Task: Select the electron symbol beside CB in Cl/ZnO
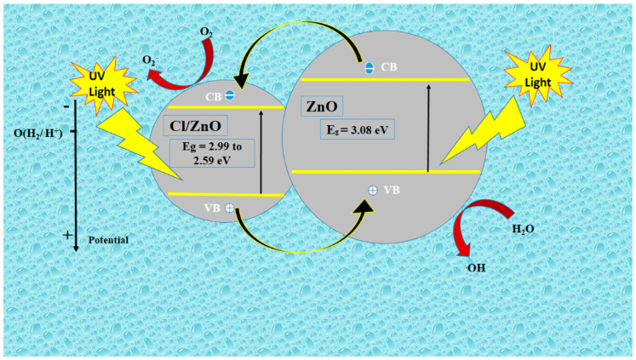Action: tap(230, 95)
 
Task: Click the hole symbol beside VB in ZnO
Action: tap(372, 191)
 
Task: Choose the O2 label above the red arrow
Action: tap(207, 32)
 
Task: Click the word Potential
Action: tap(107, 240)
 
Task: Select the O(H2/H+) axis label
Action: tap(39, 133)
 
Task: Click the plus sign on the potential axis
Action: tap(67, 235)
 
